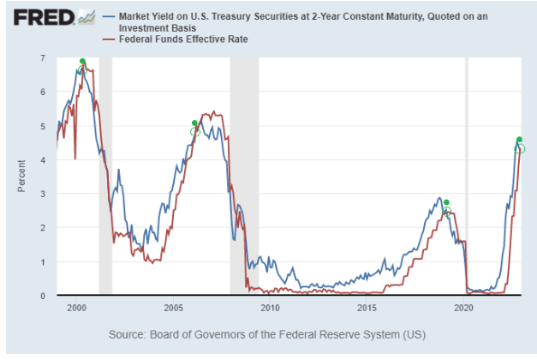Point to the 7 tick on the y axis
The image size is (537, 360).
[41, 57]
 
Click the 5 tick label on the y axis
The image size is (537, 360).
[41, 126]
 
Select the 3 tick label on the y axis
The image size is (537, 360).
[41, 194]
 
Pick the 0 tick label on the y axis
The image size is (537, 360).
[41, 296]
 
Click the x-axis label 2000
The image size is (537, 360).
[76, 307]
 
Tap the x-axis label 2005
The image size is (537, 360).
[173, 307]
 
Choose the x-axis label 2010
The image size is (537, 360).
[270, 307]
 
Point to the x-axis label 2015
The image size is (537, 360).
[367, 307]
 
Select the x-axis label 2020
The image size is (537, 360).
[463, 307]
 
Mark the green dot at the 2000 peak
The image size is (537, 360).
[82, 62]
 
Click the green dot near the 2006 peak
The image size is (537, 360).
[194, 123]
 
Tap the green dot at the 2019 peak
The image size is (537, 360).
[446, 202]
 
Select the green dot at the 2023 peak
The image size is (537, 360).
[519, 140]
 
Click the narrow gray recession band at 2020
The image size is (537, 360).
[467, 171]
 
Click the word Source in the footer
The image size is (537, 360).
[129, 333]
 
